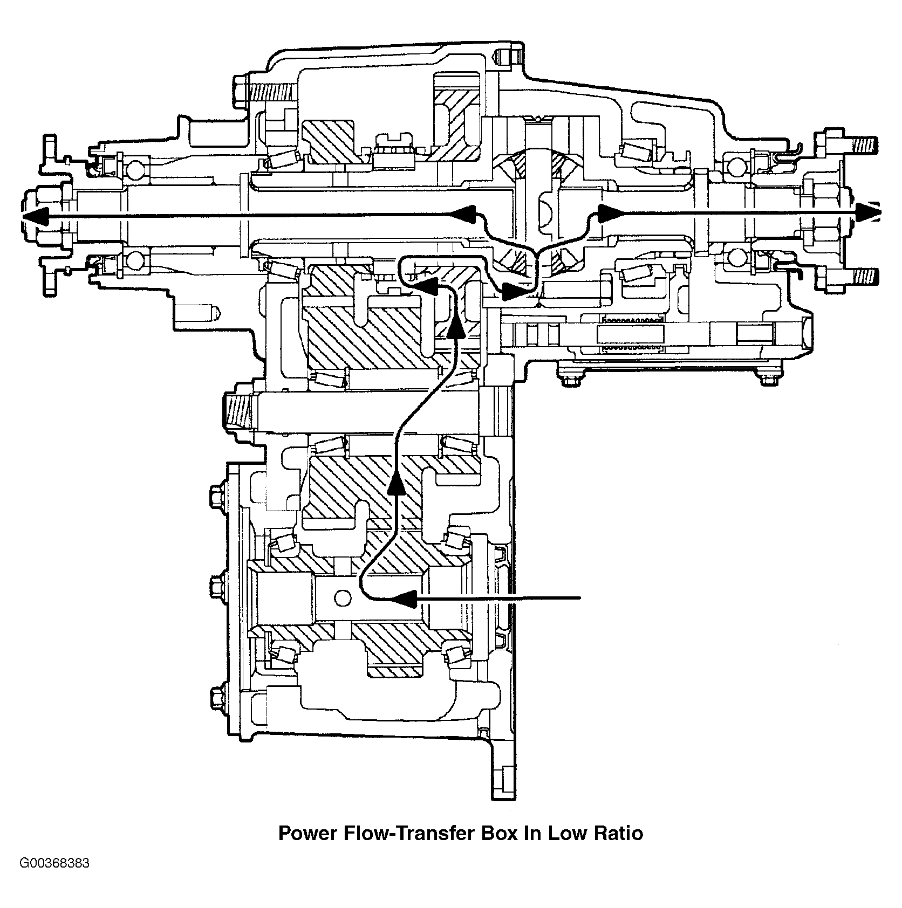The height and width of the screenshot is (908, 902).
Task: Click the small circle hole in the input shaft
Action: pos(343,597)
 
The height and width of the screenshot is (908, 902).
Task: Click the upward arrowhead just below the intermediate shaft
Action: pos(395,480)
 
